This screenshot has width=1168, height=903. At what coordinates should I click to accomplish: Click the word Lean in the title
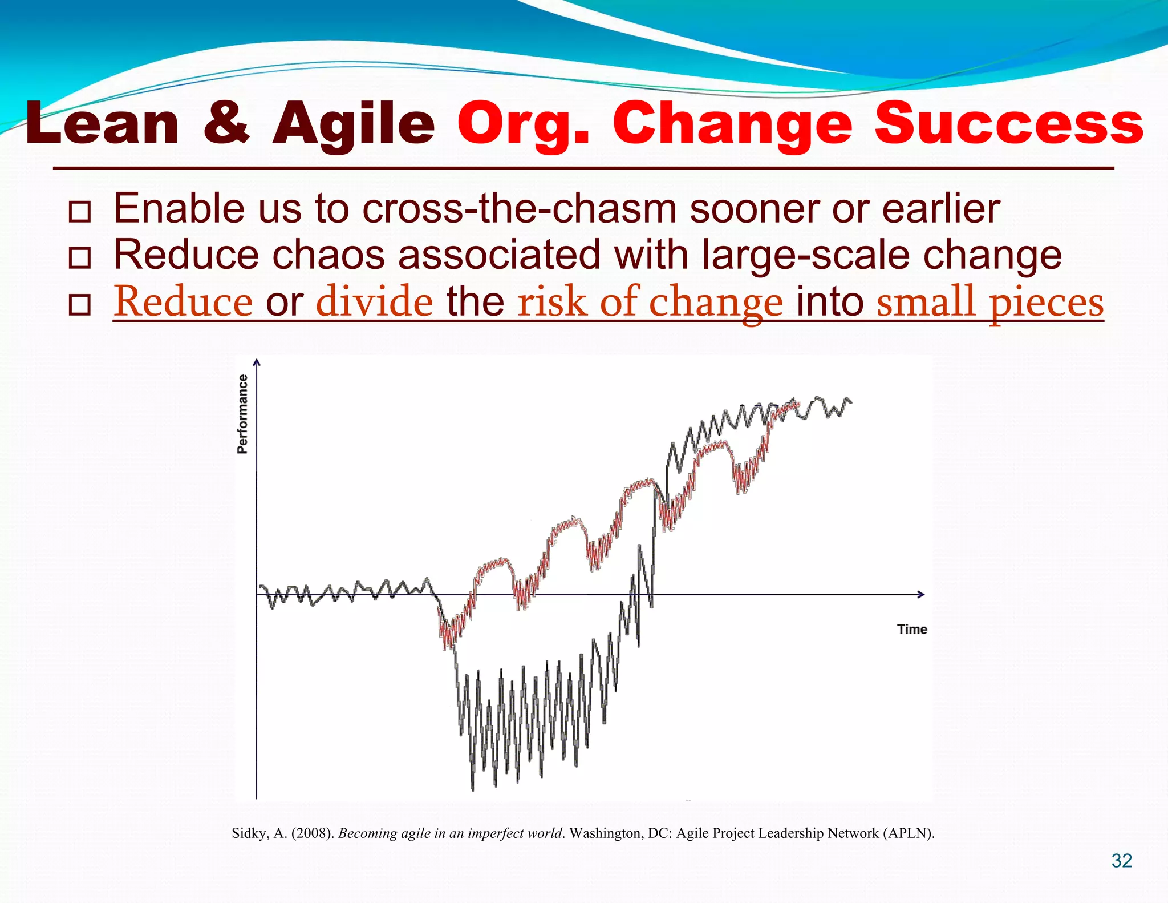click(x=103, y=124)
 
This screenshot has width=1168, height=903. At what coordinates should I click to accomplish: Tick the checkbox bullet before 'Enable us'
click(x=79, y=212)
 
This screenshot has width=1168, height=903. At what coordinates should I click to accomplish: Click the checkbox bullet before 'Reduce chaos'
click(x=79, y=258)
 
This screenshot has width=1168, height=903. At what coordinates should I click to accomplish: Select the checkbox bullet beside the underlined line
click(x=79, y=305)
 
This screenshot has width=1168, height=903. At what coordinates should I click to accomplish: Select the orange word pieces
click(x=1047, y=303)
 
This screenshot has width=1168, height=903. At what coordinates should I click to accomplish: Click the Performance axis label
click(x=243, y=414)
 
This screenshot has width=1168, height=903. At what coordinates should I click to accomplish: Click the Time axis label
click(x=911, y=629)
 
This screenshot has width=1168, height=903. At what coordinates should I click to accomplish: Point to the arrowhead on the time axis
click(x=920, y=594)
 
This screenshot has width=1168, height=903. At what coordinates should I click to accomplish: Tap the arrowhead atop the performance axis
click(x=257, y=362)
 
